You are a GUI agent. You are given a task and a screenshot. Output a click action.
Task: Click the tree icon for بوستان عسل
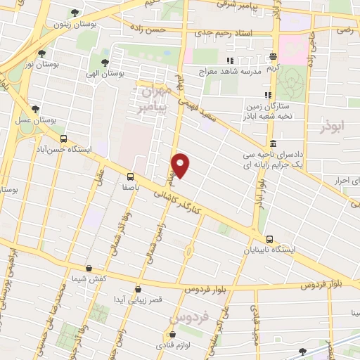pyautogui.click(x=35, y=109)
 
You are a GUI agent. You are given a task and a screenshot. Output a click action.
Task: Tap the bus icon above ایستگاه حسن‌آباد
pyautogui.click(x=64, y=139)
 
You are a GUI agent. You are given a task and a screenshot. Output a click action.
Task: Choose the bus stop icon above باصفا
pyautogui.click(x=131, y=176)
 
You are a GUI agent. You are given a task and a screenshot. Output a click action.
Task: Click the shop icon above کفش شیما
pyautogui.click(x=89, y=268)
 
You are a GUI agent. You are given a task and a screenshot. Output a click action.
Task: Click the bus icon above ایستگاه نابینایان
pyautogui.click(x=271, y=238)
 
